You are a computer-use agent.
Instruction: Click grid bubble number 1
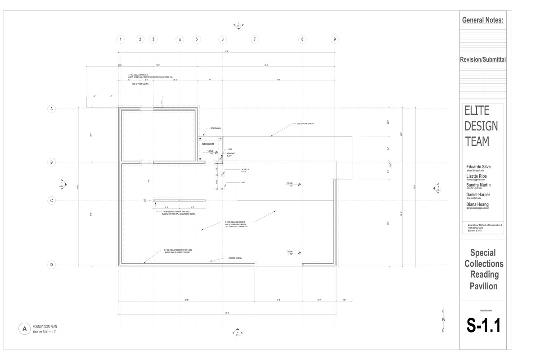(x=120, y=39)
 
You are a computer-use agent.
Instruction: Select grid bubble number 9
(x=334, y=39)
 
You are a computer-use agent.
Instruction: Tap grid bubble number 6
(x=222, y=39)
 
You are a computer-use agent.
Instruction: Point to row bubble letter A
(x=52, y=108)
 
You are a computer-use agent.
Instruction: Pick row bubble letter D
(x=52, y=265)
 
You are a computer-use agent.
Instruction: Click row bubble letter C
(x=52, y=201)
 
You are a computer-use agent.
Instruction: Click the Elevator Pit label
(x=208, y=144)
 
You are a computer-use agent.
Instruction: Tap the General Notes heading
(x=482, y=20)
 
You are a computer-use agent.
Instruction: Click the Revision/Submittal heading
(x=482, y=59)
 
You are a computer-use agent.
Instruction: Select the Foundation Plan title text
(x=45, y=327)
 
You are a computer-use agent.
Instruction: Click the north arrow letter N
(x=444, y=319)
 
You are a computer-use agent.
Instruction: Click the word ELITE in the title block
(x=477, y=111)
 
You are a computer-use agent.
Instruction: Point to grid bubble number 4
(x=180, y=40)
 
